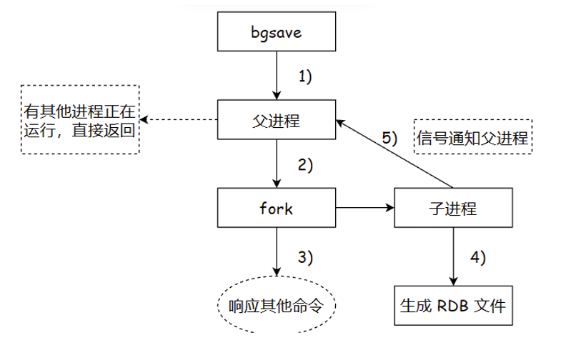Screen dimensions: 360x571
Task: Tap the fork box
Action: (276, 209)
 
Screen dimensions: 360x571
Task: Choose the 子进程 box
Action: (453, 209)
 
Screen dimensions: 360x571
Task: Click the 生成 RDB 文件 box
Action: (453, 306)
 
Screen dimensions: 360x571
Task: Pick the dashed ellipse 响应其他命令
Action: (276, 305)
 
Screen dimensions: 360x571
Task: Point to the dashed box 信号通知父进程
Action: (472, 137)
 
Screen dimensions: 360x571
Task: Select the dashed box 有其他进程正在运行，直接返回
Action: (80, 119)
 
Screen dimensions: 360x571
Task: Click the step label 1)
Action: (305, 76)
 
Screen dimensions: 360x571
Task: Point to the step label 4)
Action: (477, 257)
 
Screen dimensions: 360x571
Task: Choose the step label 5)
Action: (388, 138)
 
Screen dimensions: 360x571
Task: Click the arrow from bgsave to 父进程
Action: (276, 75)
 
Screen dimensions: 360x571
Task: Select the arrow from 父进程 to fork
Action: (276, 164)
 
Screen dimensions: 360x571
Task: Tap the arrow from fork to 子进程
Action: (364, 209)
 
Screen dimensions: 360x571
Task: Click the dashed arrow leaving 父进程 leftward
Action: (179, 119)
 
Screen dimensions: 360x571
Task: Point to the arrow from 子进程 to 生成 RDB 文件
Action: (453, 256)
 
